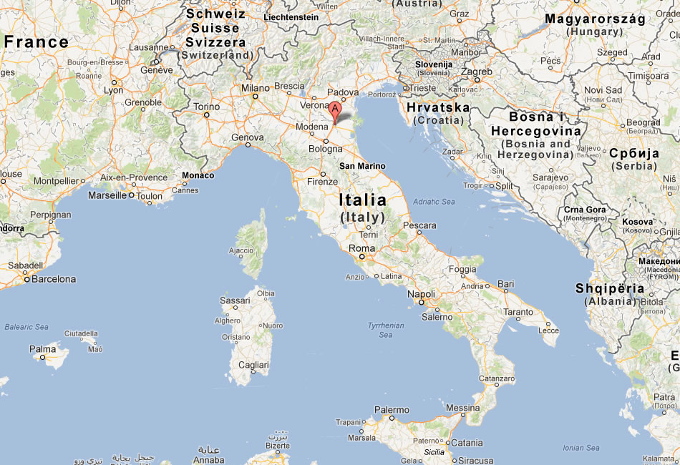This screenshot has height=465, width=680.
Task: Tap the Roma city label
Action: click(x=361, y=249)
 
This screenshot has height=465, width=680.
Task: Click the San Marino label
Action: click(x=362, y=166)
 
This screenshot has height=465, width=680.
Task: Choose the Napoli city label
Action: click(x=421, y=294)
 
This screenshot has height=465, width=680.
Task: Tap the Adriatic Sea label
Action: click(x=434, y=202)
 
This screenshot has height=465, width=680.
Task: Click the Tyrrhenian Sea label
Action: click(x=386, y=330)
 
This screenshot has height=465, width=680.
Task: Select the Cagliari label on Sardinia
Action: click(x=253, y=365)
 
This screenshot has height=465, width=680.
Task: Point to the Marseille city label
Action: click(x=107, y=195)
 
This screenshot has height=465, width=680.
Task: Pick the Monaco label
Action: click(x=198, y=175)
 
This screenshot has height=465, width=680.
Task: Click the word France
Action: click(x=36, y=42)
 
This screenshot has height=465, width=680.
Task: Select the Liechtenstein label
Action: click(x=291, y=16)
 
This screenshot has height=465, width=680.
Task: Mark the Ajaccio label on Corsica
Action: click(x=241, y=250)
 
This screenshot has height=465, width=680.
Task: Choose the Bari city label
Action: click(x=506, y=284)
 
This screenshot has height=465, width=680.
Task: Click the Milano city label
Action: click(x=255, y=88)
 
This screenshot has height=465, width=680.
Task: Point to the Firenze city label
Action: click(x=322, y=182)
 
